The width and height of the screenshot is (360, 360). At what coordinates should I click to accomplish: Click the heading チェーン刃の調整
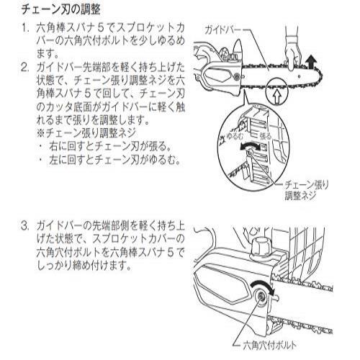coord(61,10)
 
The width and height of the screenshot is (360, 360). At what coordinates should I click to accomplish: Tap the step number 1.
coord(25,28)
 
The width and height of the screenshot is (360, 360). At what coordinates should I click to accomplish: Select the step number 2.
coord(25,68)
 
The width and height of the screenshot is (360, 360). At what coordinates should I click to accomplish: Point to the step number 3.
coord(25,226)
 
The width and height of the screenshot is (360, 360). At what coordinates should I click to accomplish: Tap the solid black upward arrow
coord(312,62)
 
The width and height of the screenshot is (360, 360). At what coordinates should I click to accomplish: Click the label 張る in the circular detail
coord(266,136)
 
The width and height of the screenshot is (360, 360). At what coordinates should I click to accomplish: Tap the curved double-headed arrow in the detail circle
coord(251,145)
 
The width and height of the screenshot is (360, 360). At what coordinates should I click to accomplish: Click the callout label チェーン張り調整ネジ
coord(306,190)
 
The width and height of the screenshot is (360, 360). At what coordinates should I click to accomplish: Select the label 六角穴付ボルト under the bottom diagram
coord(270,346)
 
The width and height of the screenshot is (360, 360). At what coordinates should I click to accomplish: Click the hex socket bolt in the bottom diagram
coord(261,296)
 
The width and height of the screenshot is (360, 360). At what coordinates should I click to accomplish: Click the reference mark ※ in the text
coord(41,132)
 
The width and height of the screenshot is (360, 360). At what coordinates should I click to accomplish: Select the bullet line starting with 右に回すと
coord(106,146)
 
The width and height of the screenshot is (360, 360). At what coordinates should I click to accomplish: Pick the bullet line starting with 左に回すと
coord(110,160)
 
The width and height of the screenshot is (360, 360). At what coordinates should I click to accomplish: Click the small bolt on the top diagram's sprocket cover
coord(237,77)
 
